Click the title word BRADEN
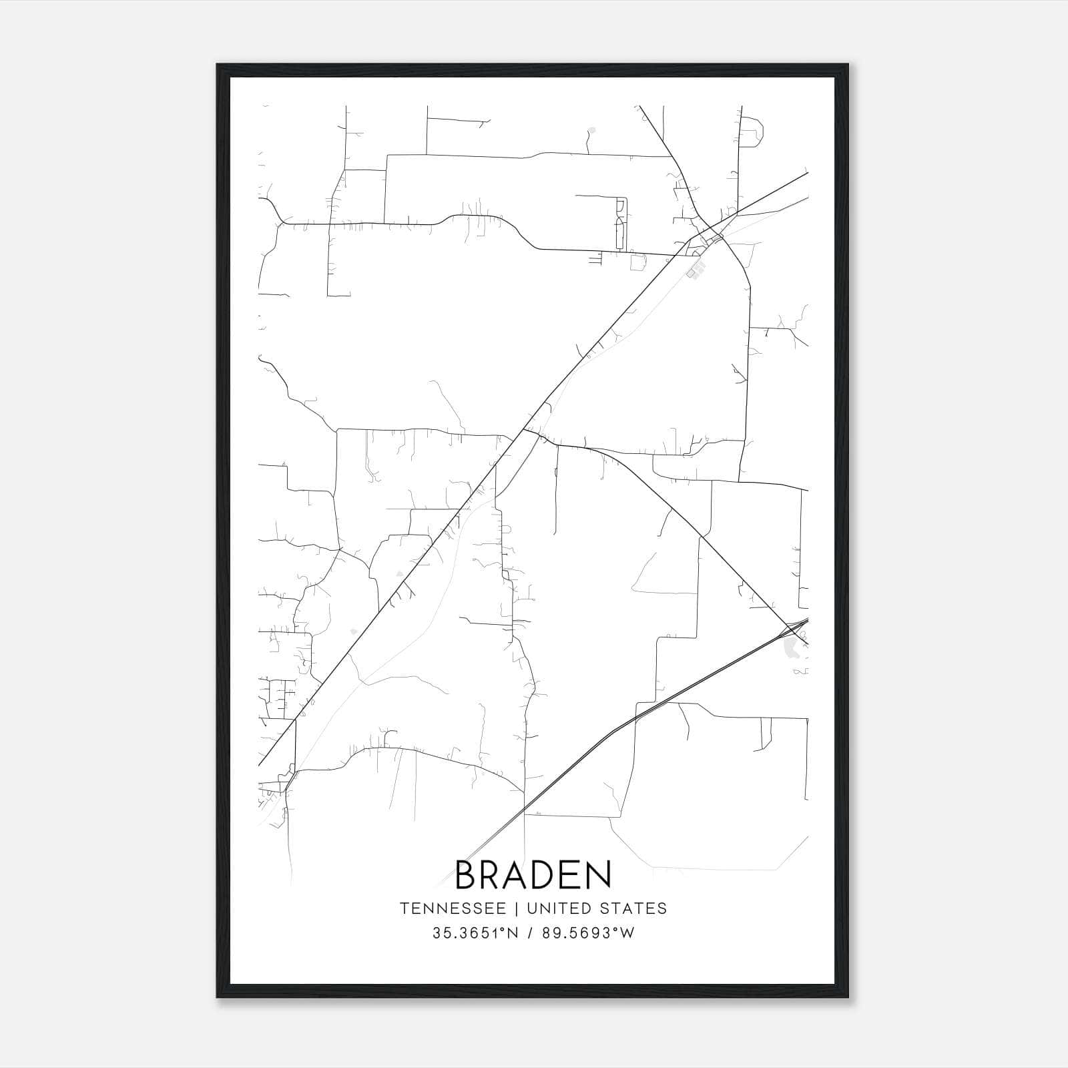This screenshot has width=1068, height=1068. tap(533, 875)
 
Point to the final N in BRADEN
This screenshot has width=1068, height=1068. tap(598, 875)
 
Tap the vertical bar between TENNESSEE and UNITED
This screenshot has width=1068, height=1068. tap(520, 908)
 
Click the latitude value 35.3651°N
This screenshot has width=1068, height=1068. tap(475, 933)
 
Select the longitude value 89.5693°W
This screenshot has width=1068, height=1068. tap(587, 933)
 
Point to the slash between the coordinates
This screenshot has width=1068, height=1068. tap(531, 933)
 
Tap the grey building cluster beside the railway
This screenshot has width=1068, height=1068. tap(698, 270)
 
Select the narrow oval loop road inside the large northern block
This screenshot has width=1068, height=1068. tap(621, 224)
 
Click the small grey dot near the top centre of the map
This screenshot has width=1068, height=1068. tap(592, 129)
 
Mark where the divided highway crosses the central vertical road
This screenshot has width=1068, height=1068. tap(525, 814)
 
